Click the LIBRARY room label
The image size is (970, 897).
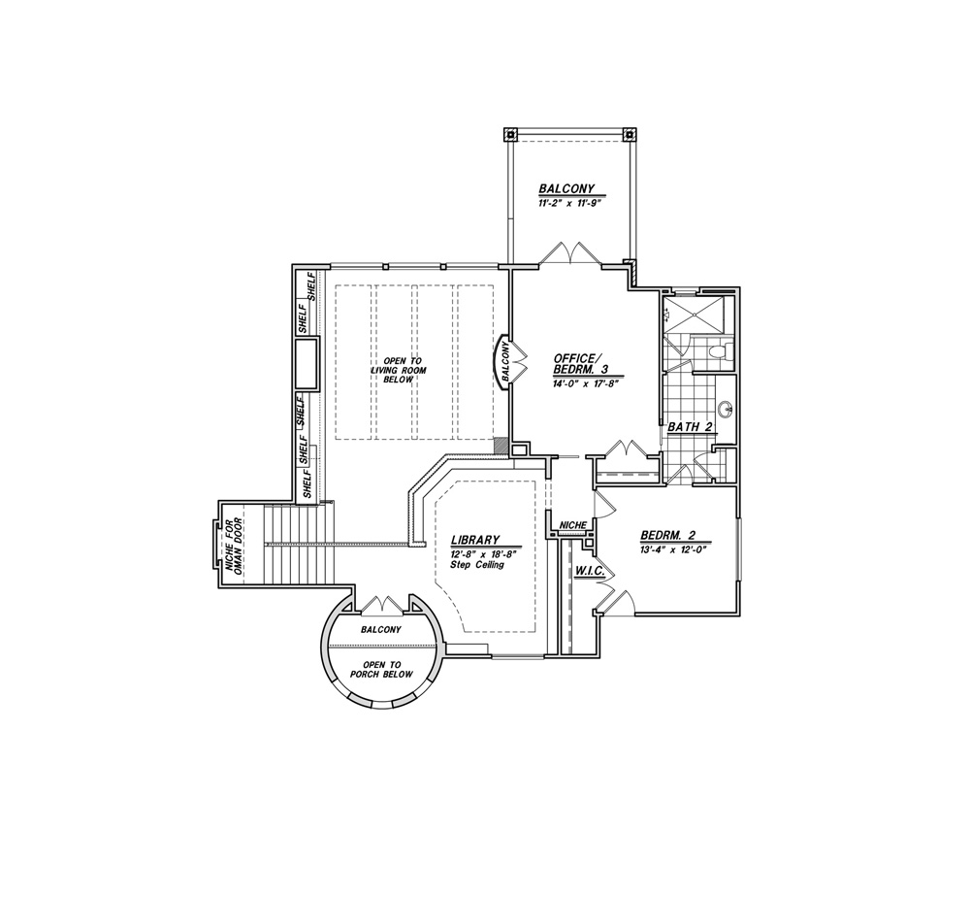474,540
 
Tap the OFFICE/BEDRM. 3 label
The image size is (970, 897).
580,363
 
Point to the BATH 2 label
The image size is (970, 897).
692,427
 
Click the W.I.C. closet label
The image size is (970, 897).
590,571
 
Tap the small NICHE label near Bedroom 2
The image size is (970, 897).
573,525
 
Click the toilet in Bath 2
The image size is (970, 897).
721,351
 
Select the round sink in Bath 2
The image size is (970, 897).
726,410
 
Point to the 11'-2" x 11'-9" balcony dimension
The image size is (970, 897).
566,203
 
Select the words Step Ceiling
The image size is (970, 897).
477,565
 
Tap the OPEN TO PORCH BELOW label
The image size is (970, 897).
381,670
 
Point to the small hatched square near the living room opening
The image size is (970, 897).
500,446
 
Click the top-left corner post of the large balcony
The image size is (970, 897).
510,134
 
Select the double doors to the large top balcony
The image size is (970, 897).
570,253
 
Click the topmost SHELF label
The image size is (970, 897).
311,287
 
